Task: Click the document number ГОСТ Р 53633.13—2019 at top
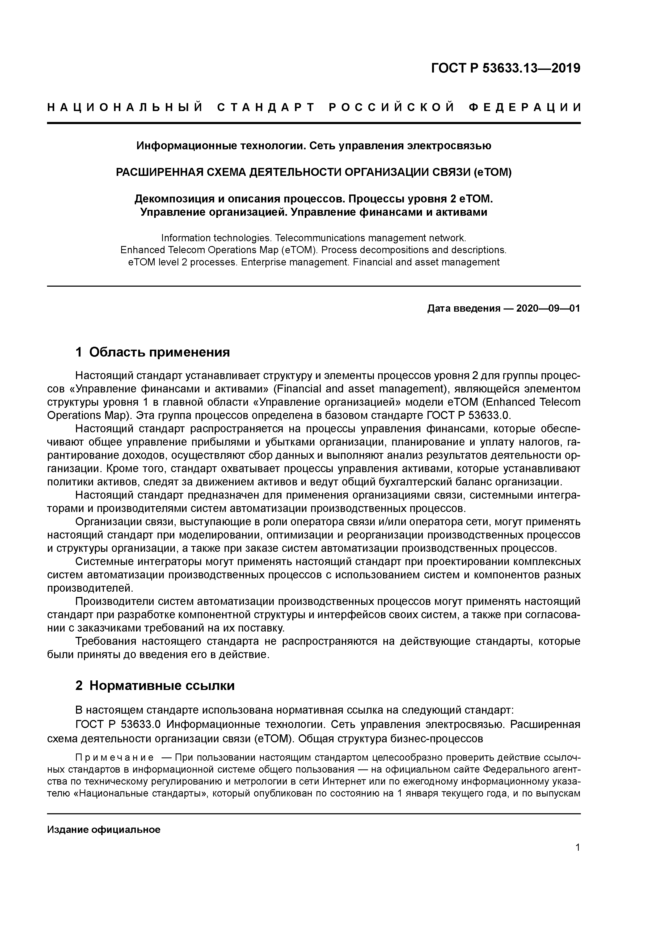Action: click(505, 68)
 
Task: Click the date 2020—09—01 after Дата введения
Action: click(548, 308)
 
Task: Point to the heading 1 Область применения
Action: click(153, 352)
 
